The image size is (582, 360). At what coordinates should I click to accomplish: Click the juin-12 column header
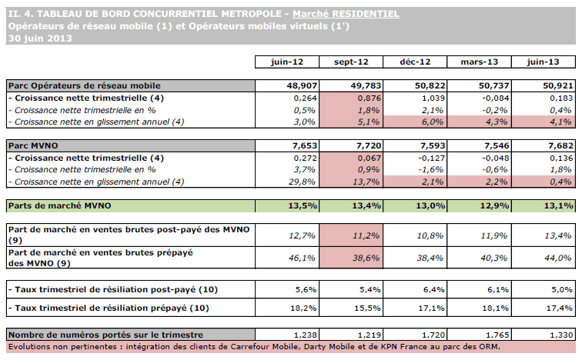pos(286,62)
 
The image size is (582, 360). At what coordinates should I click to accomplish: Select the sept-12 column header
pos(351,62)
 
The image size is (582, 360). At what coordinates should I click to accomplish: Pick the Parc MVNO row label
pos(31,145)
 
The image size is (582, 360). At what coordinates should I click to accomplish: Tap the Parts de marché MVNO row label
pos(60,205)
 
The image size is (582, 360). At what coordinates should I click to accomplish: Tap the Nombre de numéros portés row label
pos(105,335)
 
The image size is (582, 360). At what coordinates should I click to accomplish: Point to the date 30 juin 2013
pos(35,38)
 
